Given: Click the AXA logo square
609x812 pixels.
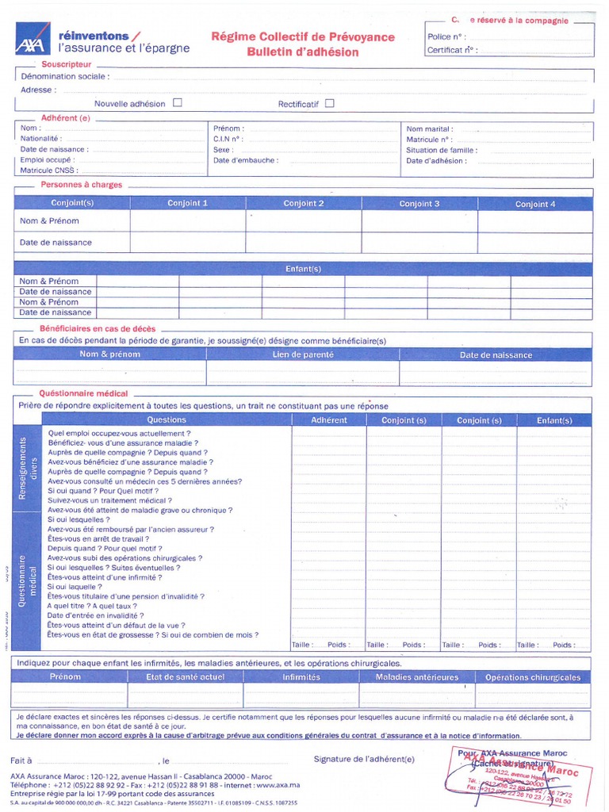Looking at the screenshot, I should point(31,37).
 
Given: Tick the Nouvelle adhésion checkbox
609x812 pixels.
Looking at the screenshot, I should point(178,102).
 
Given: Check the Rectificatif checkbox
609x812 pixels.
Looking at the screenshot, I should point(330,102).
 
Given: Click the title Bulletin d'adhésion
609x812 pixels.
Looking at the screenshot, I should point(302,52).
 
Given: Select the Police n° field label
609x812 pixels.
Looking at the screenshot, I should point(446,36).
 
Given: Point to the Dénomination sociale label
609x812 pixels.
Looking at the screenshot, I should point(65,77).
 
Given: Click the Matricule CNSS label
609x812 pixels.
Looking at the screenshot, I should point(49,170).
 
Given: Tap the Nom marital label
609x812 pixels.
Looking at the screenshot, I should point(429,128).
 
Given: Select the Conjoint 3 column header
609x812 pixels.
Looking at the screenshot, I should point(419,204).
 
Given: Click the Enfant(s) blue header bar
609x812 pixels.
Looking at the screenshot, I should point(303,269).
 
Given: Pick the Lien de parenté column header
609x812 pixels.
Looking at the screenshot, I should point(303,355).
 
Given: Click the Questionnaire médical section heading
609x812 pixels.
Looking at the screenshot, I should point(83,393).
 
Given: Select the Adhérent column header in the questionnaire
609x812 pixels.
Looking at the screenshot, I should point(329,420).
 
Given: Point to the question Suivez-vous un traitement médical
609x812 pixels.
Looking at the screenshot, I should point(109,500).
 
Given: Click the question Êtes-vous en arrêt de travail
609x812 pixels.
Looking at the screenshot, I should point(100,538).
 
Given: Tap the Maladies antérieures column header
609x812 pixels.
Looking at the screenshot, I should point(417,677).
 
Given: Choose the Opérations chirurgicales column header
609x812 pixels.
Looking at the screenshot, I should point(533,677).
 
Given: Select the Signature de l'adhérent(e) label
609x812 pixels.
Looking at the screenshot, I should point(364,759).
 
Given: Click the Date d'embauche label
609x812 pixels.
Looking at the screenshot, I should point(243,160).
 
